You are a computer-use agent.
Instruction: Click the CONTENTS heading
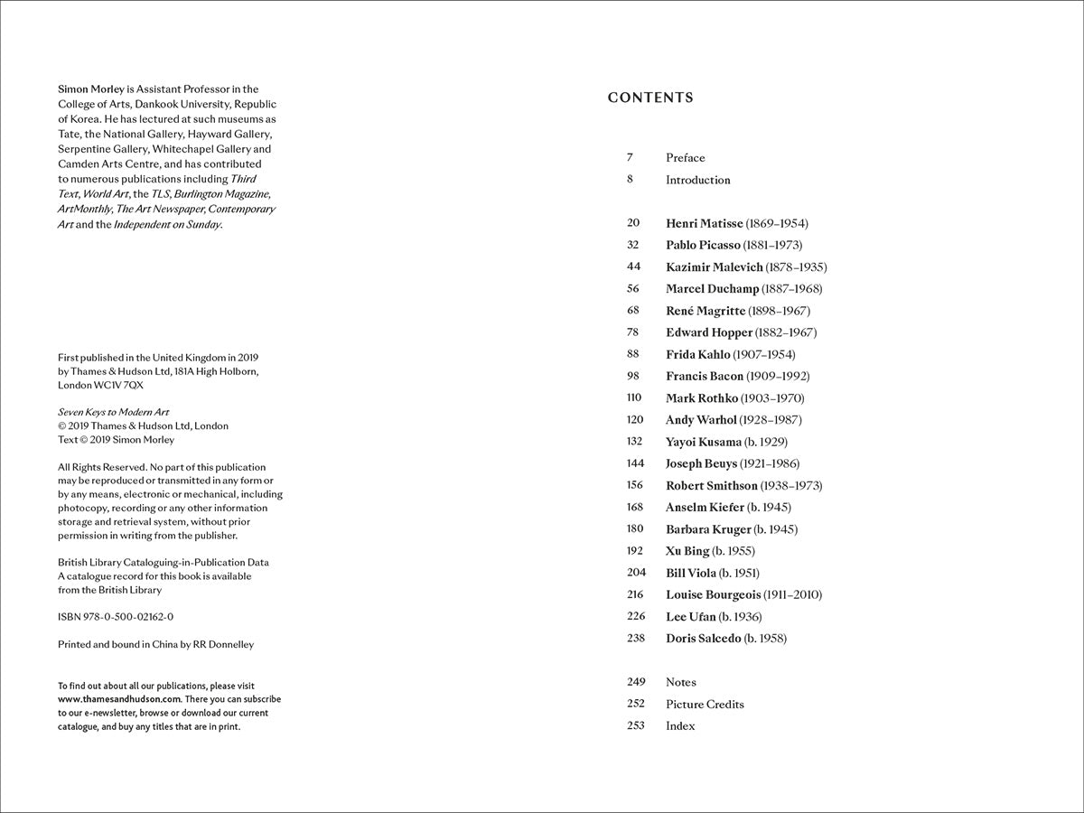click(650, 98)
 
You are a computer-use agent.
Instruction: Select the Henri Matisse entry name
click(704, 223)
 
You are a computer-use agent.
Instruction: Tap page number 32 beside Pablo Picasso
click(632, 245)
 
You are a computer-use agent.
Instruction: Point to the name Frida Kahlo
click(697, 354)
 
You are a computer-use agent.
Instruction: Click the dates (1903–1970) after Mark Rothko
click(772, 398)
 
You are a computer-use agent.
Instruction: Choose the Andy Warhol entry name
click(701, 420)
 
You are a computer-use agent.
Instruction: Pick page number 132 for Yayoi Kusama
click(634, 442)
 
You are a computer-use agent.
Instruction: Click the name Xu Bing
click(687, 551)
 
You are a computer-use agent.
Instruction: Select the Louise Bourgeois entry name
click(714, 594)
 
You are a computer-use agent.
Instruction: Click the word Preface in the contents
click(686, 158)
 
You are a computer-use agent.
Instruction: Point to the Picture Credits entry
click(705, 705)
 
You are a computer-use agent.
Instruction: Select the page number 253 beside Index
click(635, 726)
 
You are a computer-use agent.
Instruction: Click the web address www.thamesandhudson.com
click(119, 699)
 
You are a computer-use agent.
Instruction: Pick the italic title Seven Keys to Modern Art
click(113, 412)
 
